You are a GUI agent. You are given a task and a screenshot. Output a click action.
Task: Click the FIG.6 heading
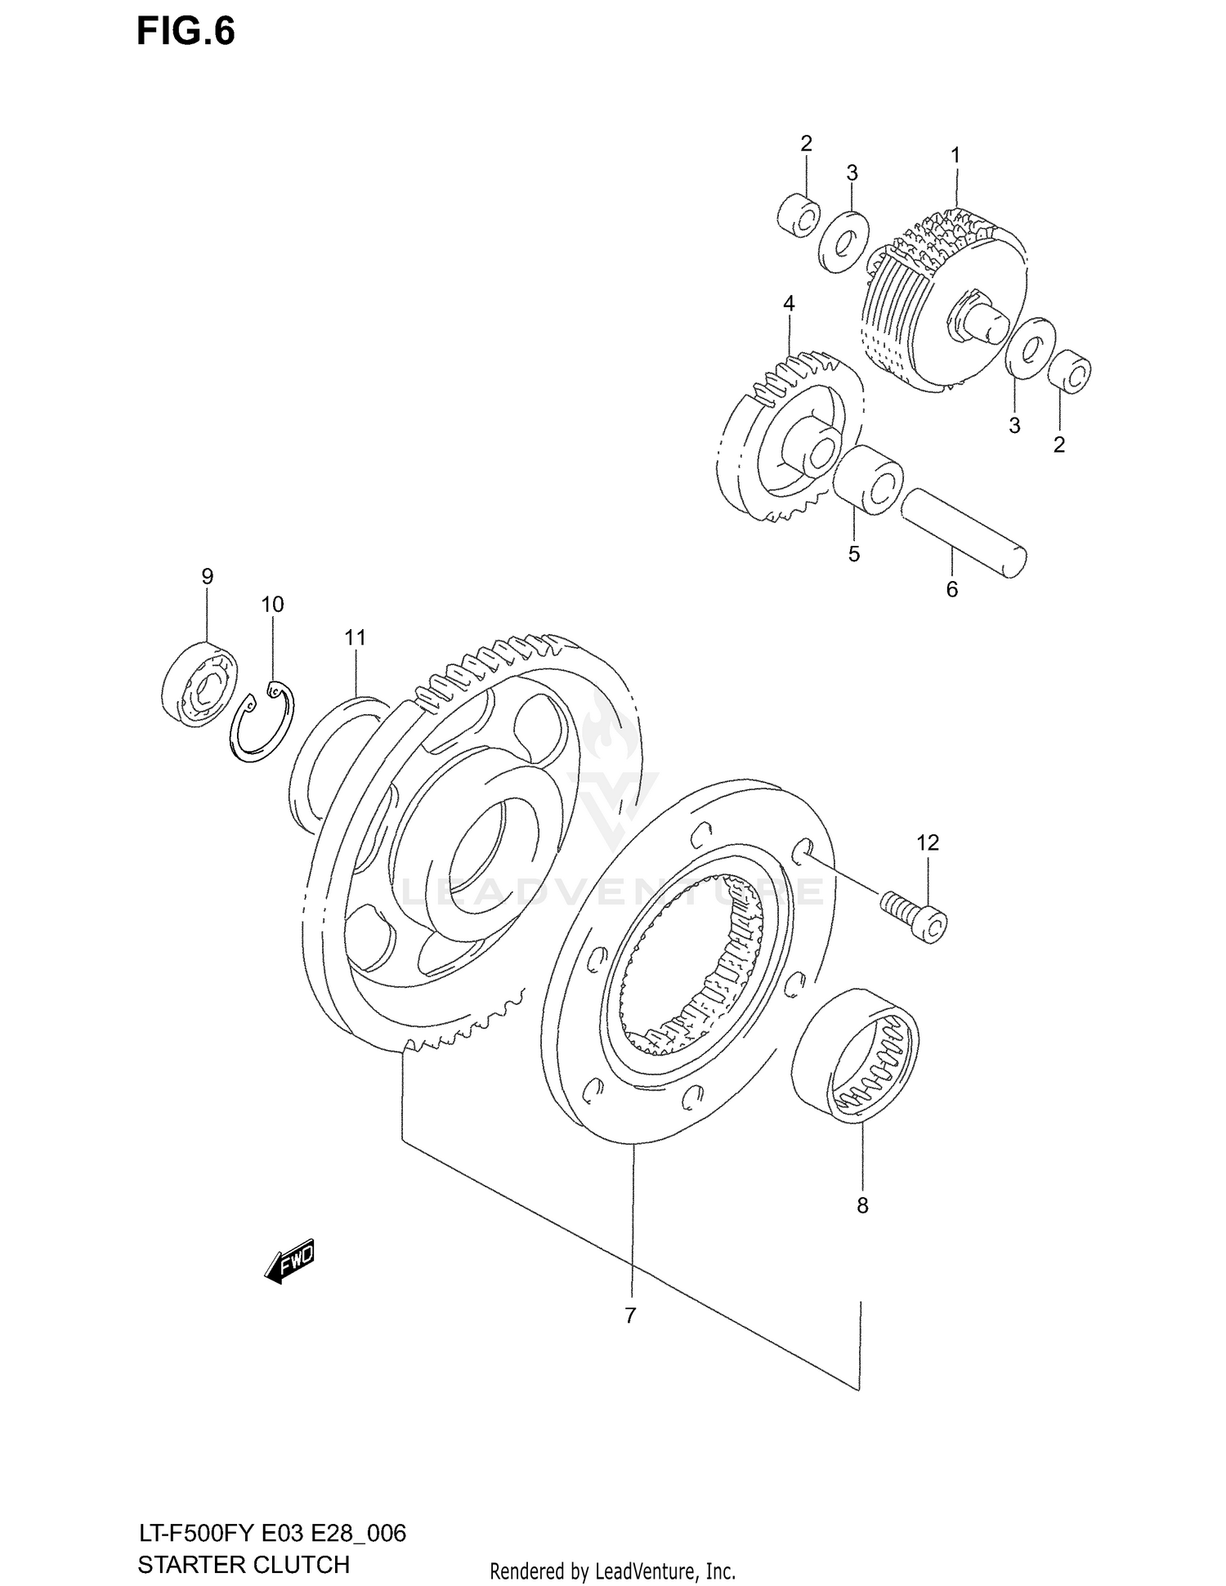186,31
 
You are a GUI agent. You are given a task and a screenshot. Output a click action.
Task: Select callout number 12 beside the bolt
928,842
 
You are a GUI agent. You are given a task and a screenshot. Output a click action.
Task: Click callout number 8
862,1205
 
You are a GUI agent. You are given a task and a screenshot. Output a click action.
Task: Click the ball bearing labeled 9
199,682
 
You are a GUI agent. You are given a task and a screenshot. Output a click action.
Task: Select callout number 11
355,637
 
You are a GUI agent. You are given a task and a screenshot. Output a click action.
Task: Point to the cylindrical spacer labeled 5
868,480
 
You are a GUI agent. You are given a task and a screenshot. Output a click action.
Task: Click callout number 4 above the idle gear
788,304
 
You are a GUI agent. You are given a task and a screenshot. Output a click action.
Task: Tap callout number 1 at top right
955,154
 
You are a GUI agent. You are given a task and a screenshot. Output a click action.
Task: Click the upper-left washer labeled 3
843,242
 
